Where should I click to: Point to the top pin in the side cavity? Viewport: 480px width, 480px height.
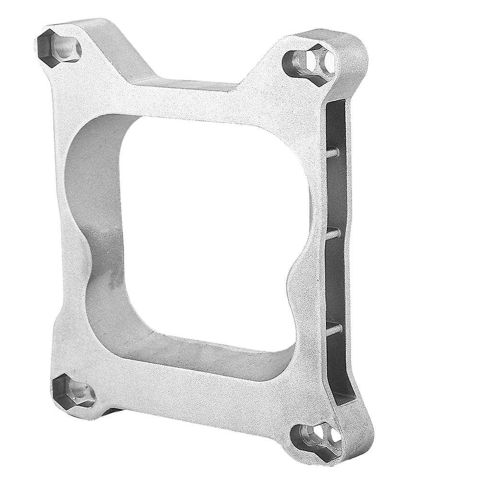[x=333, y=153]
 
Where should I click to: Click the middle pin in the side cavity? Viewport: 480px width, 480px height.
[x=334, y=234]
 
